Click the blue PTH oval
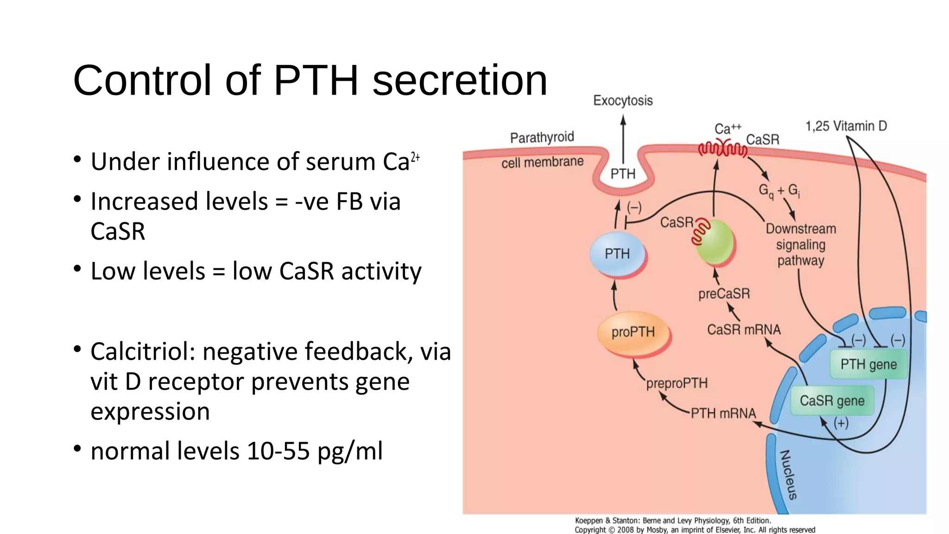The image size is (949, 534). [x=617, y=254]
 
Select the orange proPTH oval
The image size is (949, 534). [x=633, y=332]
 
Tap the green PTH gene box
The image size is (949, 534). [x=868, y=364]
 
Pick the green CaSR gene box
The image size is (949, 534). [x=832, y=400]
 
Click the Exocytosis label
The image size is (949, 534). [x=623, y=101]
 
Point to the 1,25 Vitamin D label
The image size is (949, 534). [x=846, y=126]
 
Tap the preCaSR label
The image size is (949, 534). [x=724, y=294]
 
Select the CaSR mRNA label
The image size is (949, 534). [x=744, y=330]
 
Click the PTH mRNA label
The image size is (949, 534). [x=723, y=413]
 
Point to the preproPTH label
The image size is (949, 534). [x=677, y=383]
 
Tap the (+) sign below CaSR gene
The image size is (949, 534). [x=841, y=423]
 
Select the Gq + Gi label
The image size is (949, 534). [x=779, y=191]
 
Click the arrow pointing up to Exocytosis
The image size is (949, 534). [x=623, y=139]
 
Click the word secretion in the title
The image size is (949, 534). [x=460, y=80]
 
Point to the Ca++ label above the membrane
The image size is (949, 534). [x=728, y=128]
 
